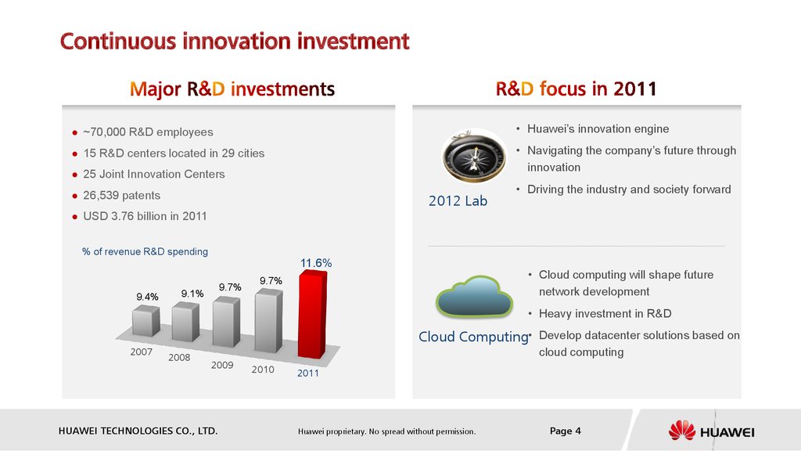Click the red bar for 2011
312,314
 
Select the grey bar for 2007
145,321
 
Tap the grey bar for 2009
226,322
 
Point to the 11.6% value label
316,263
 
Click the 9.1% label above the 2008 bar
192,294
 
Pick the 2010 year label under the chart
263,370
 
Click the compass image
474,156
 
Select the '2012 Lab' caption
458,201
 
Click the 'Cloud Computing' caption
473,337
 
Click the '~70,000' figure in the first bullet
104,132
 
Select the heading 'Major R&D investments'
232,89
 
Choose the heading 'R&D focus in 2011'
576,89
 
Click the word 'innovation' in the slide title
237,41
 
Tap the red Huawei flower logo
681,431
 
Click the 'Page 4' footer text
565,431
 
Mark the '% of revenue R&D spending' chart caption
145,251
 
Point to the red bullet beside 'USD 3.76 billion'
75,217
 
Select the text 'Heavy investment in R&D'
605,313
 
